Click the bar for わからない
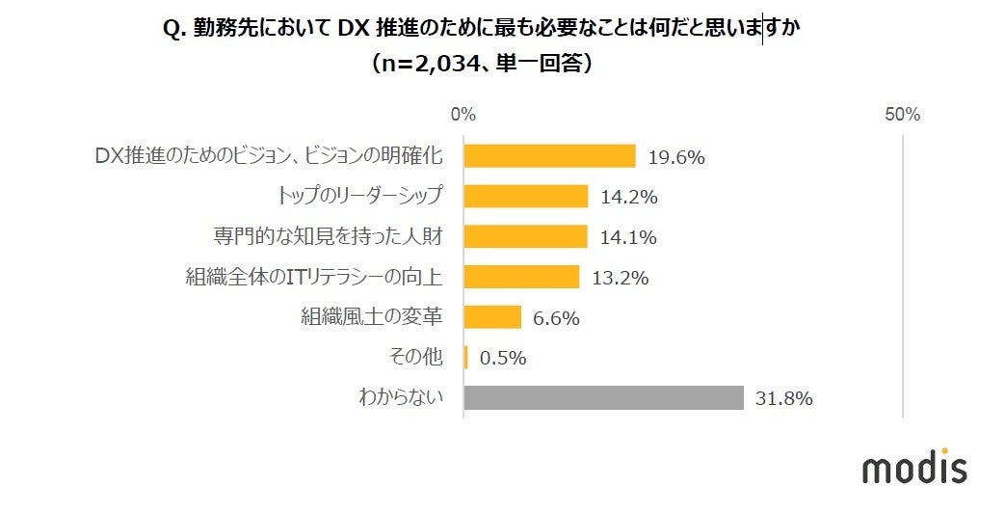tap(603, 397)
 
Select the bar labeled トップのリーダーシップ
tap(525, 196)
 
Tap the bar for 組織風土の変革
tap(492, 317)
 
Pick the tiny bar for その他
tap(466, 358)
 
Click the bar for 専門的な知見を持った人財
tap(525, 236)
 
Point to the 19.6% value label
tap(676, 156)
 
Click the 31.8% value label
tap(784, 397)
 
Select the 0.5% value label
tap(502, 358)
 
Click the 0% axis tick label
tap(463, 114)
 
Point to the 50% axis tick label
tap(902, 114)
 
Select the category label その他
tap(416, 358)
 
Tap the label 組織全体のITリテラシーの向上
tap(314, 278)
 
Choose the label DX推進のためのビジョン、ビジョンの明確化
tap(269, 156)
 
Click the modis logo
tap(913, 468)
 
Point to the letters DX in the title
tap(349, 29)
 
